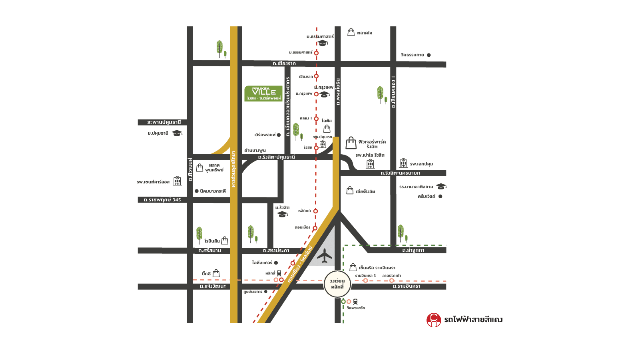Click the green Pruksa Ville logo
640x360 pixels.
pyautogui.click(x=263, y=93)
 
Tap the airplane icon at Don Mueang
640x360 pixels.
pyautogui.click(x=325, y=256)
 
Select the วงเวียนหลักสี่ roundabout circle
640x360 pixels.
pyautogui.click(x=337, y=284)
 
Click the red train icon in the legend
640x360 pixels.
pyautogui.click(x=434, y=320)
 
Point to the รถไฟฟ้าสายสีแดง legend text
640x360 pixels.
pyautogui.click(x=473, y=320)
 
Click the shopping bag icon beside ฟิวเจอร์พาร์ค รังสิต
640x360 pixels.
pyautogui.click(x=351, y=143)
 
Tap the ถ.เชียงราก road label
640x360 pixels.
pyautogui.click(x=284, y=64)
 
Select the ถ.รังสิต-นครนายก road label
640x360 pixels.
pyautogui.click(x=400, y=173)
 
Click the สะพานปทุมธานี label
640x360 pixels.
pyautogui.click(x=164, y=122)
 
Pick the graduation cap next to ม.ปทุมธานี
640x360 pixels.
pyautogui.click(x=177, y=133)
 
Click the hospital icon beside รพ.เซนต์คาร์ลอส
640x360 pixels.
pyautogui.click(x=177, y=181)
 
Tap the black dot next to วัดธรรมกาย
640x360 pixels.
pyautogui.click(x=429, y=55)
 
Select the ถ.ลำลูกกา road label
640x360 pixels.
pyautogui.click(x=413, y=250)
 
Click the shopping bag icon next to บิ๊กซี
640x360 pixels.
pyautogui.click(x=216, y=273)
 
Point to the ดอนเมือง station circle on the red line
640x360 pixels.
pyautogui.click(x=315, y=228)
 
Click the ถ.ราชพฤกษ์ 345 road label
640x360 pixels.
pyautogui.click(x=162, y=200)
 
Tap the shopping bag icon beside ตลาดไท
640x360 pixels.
pyautogui.click(x=351, y=32)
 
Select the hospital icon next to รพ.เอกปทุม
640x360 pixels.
pyautogui.click(x=403, y=163)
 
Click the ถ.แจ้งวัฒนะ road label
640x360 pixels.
pyautogui.click(x=213, y=286)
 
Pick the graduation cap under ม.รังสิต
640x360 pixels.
pyautogui.click(x=283, y=214)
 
